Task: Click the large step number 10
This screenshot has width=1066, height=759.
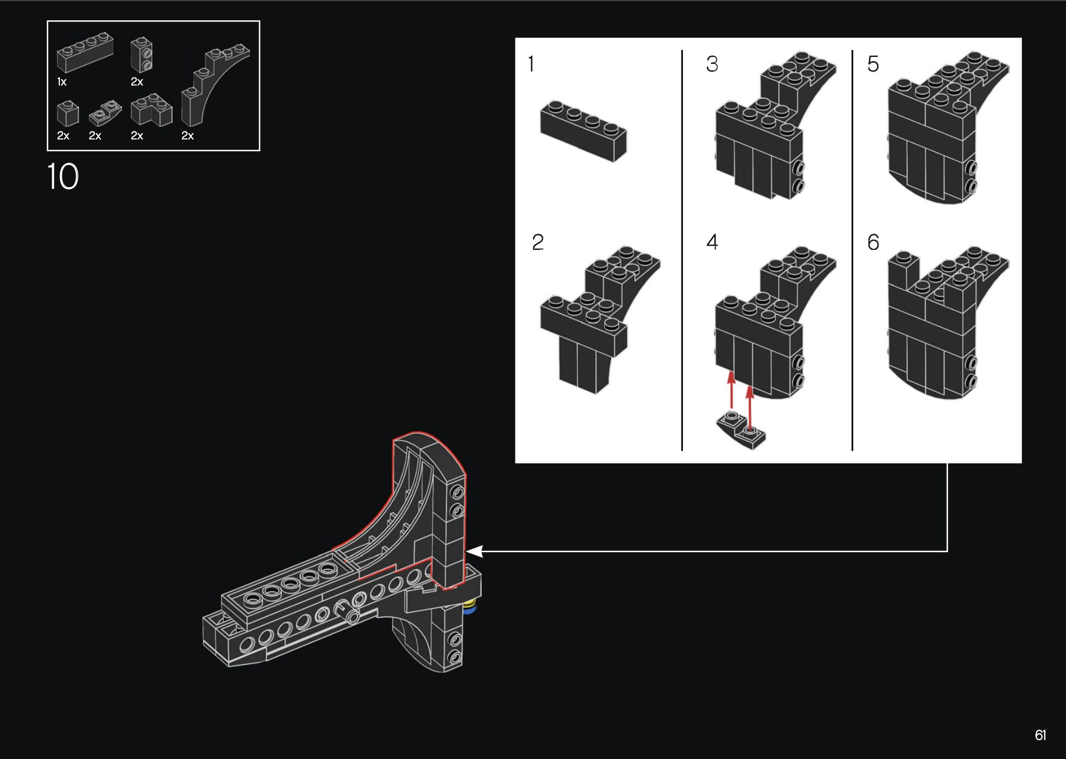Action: pos(63,176)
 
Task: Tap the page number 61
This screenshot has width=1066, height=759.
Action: pos(1040,735)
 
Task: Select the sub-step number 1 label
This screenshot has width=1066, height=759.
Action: pos(531,63)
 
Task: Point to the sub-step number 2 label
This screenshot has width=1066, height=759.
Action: pos(538,242)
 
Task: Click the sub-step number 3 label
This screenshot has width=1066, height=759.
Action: pos(712,63)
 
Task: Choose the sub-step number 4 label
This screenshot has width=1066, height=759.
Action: pos(712,242)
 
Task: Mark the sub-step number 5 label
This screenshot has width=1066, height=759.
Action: pos(873,63)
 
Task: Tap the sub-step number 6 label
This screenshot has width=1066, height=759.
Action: pos(873,242)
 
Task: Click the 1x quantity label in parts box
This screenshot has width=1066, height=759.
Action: pos(62,82)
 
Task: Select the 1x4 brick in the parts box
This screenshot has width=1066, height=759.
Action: pos(85,52)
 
